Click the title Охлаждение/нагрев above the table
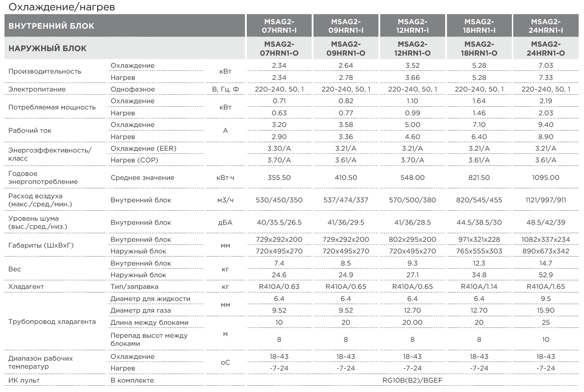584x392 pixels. coord(62,7)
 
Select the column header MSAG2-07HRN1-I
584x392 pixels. coord(279,26)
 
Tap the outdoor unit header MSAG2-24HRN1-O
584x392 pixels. coord(545,48)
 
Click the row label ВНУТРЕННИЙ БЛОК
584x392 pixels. coord(52,26)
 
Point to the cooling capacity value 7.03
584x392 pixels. coord(545,65)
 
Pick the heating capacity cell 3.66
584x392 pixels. coord(412,78)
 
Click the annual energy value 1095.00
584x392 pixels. coord(545,178)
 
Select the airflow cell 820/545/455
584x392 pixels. coord(479,200)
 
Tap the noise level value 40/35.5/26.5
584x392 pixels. coord(279,222)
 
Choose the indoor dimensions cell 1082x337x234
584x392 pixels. coord(545,240)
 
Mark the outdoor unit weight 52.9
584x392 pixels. coord(545,275)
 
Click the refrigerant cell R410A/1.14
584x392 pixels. coord(479,287)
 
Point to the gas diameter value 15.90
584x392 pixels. coord(545,310)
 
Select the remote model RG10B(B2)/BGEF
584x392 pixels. coord(412,380)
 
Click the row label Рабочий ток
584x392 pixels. coord(30,131)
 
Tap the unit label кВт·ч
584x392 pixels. coord(225,178)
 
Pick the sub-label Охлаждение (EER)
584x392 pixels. coord(143,148)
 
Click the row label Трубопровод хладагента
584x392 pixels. coord(52,322)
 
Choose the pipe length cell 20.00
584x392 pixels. coord(412,322)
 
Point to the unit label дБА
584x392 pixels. coord(225,222)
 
